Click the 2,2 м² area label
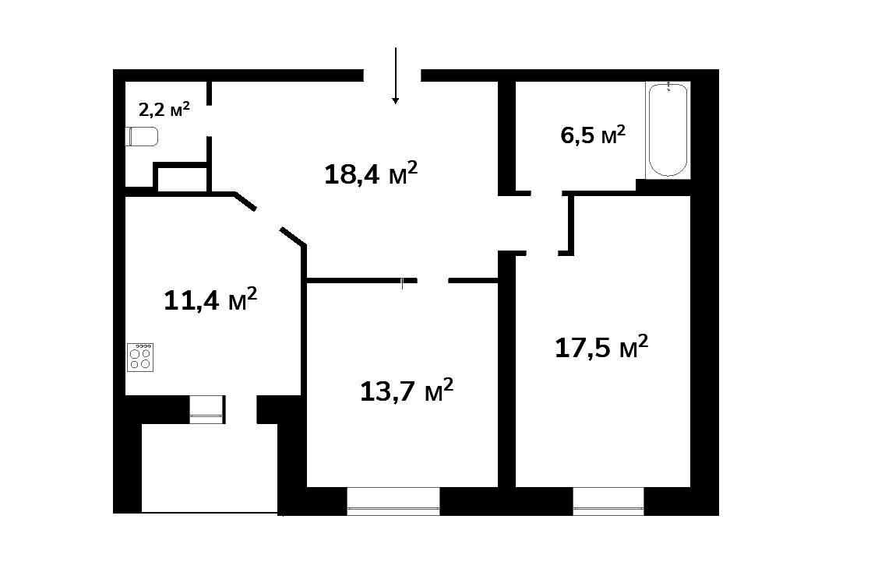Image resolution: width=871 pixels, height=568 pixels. point(164,109)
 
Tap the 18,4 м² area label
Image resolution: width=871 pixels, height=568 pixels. point(371,173)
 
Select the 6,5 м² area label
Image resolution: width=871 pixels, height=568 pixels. point(593,135)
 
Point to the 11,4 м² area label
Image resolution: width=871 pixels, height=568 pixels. point(210,300)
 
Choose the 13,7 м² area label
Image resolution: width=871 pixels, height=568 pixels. point(407,391)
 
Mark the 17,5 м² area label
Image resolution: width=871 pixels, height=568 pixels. point(601,347)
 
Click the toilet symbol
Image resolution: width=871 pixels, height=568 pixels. point(143,136)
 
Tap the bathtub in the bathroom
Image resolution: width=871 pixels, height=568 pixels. point(668,130)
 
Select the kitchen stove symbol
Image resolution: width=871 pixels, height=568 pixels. point(140,357)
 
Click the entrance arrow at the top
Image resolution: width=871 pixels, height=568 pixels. point(396,76)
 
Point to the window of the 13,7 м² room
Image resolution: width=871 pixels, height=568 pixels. point(393,501)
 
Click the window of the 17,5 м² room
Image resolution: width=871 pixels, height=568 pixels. point(608,501)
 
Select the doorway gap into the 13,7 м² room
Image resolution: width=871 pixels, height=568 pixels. point(432,281)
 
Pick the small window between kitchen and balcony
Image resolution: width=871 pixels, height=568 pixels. point(207,409)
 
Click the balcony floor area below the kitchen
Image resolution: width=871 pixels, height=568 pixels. point(210,468)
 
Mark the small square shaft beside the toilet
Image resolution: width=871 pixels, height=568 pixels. point(181,179)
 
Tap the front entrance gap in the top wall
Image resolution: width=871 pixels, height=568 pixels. point(392,75)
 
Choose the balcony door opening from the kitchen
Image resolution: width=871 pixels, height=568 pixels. point(241,409)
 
